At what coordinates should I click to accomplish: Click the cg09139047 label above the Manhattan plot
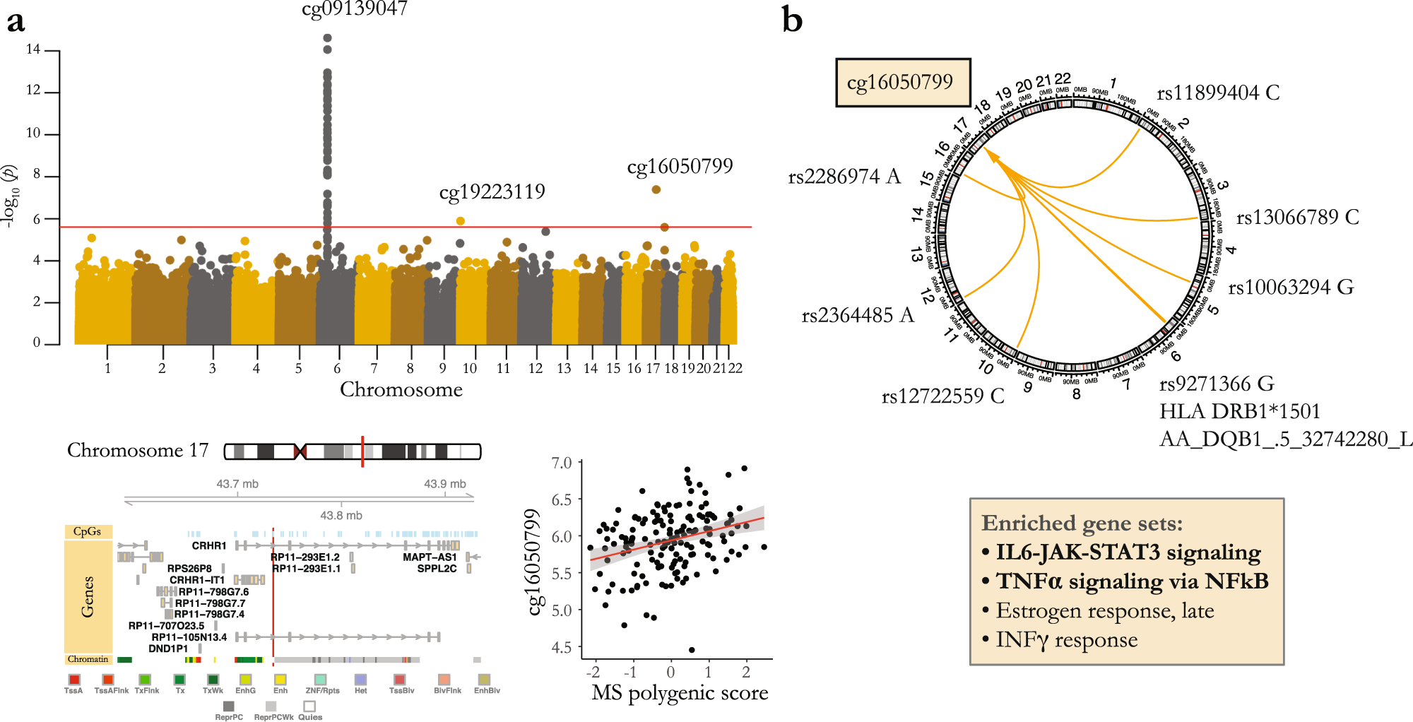[x=355, y=9]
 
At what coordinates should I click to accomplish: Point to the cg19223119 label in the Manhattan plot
[x=492, y=192]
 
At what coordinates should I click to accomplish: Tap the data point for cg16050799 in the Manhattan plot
[x=656, y=189]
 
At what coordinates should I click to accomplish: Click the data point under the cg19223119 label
[x=461, y=221]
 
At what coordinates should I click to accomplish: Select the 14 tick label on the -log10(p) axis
[x=33, y=49]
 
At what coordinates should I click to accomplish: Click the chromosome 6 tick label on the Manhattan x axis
[x=337, y=368]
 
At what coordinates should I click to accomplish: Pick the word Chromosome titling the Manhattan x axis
[x=401, y=390]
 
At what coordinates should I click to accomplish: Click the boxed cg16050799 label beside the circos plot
[x=902, y=83]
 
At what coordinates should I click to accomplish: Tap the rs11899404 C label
[x=1218, y=93]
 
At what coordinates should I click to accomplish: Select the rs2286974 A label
[x=844, y=177]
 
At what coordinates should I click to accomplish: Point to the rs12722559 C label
[x=942, y=396]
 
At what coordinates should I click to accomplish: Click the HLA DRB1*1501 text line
[x=1240, y=412]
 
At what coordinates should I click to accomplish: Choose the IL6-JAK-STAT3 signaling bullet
[x=1128, y=552]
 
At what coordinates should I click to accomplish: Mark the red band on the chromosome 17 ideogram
[x=362, y=451]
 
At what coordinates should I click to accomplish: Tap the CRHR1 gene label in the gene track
[x=209, y=546]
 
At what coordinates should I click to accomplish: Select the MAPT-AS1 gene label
[x=430, y=557]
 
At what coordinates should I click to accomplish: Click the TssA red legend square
[x=74, y=680]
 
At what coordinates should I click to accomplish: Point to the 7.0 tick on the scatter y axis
[x=562, y=463]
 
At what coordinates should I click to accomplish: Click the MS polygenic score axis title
[x=680, y=693]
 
